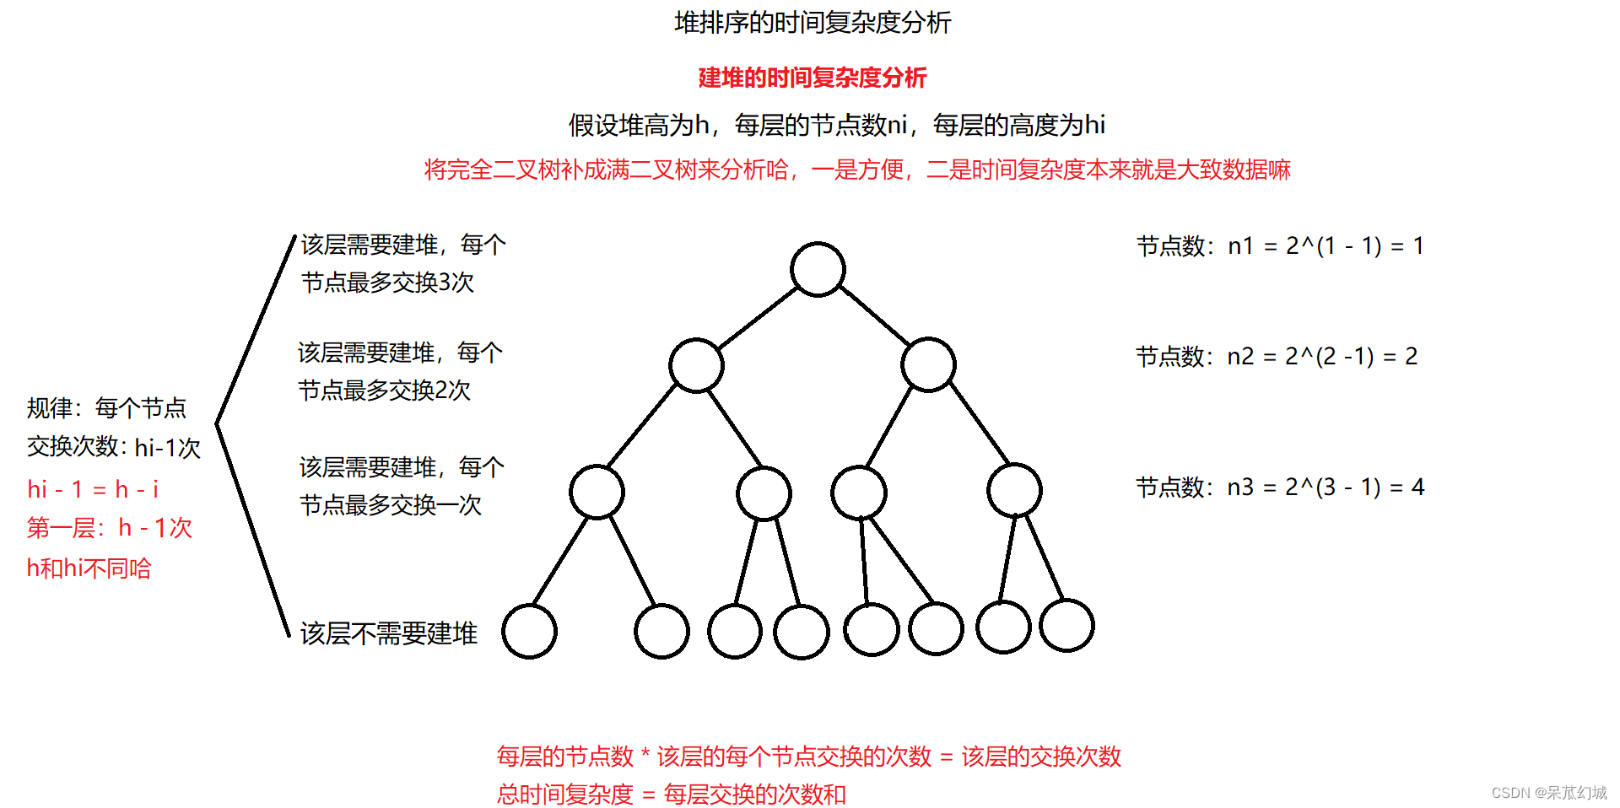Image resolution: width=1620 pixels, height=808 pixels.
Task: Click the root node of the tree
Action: (x=818, y=269)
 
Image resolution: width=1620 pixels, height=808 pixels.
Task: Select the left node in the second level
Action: (x=696, y=365)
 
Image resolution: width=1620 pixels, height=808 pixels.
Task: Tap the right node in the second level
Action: (x=928, y=364)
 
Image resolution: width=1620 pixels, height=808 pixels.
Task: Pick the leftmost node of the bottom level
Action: (x=529, y=631)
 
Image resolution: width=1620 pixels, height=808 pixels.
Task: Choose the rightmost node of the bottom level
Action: (x=1066, y=626)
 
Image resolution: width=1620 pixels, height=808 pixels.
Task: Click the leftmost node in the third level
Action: (x=597, y=491)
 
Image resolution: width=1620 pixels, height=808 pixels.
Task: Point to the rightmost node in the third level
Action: (x=1014, y=490)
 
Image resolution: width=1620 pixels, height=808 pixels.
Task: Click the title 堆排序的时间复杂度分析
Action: (x=813, y=23)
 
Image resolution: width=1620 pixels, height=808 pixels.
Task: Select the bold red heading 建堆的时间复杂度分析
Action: (x=813, y=78)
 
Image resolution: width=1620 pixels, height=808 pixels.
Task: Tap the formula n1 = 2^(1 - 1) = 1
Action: (x=1326, y=245)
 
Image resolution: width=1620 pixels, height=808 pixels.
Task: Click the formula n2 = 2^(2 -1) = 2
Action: (x=1322, y=356)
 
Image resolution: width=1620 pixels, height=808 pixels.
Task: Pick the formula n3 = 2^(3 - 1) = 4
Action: (x=1326, y=487)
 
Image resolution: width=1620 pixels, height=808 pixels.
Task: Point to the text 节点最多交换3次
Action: (x=387, y=283)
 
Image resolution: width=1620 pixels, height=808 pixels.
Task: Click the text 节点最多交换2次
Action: (x=384, y=391)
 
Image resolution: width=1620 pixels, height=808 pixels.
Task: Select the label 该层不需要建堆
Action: (x=389, y=633)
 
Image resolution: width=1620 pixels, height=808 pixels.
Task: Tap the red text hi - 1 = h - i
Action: (x=93, y=489)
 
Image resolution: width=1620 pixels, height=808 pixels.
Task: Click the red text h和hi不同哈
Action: (x=89, y=568)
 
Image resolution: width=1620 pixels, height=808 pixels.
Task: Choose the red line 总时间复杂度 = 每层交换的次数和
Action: (x=672, y=794)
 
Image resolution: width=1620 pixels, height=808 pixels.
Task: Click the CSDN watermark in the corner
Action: (x=1549, y=793)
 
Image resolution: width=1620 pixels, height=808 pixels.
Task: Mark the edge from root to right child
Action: (x=874, y=315)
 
